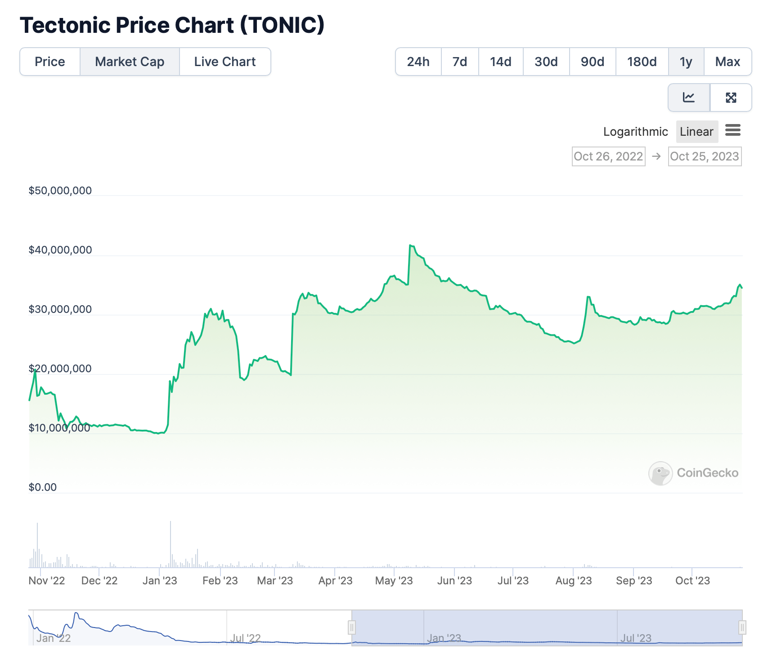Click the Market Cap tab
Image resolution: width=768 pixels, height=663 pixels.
(130, 62)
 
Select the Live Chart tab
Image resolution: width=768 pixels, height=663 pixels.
(225, 62)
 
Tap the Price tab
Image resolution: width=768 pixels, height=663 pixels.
(50, 62)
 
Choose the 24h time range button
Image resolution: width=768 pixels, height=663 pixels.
(418, 62)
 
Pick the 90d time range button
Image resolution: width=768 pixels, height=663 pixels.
(592, 62)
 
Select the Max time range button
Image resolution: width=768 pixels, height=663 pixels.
(728, 62)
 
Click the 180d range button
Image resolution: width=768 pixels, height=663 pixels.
(642, 62)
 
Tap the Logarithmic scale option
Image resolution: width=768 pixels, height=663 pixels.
(635, 132)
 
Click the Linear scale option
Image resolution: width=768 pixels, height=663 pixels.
(696, 132)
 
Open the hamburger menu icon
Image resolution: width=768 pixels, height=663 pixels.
(733, 130)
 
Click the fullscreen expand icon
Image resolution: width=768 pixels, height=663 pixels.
(731, 98)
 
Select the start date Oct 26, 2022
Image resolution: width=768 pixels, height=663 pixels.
(608, 156)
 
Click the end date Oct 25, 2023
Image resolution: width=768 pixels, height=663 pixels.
(705, 156)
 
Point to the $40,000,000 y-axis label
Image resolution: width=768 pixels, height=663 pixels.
(60, 250)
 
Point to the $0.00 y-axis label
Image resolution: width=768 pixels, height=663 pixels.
(43, 487)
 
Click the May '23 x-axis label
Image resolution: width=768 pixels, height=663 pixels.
(394, 581)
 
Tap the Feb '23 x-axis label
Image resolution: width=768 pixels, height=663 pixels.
(220, 581)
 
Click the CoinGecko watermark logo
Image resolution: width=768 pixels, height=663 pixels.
(660, 473)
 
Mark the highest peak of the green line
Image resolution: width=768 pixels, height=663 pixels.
(410, 245)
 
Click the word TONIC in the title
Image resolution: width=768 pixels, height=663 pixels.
(282, 25)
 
